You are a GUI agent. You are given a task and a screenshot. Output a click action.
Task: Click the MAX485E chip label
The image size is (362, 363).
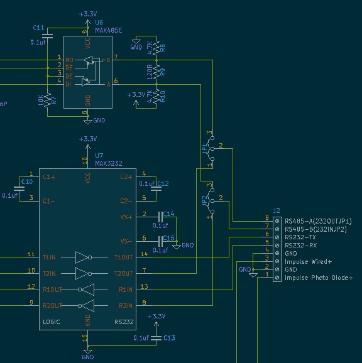pos(109,30)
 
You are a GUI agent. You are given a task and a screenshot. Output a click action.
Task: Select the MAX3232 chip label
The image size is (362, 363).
pos(109,163)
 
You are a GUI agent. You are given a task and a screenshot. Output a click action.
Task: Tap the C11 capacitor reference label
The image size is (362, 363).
pos(38,28)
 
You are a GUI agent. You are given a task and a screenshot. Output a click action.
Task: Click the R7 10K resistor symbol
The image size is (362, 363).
pos(48,100)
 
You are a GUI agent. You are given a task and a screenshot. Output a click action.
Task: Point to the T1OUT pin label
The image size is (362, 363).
pos(123,257)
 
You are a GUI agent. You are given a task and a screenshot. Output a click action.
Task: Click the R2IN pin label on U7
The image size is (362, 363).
pos(126,306)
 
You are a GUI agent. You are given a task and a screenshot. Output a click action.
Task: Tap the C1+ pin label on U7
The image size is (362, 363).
pos(49,178)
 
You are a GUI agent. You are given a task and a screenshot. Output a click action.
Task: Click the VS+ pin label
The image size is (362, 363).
pos(126,217)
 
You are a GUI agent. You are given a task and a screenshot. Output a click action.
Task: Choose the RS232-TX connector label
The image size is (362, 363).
pos(300,237)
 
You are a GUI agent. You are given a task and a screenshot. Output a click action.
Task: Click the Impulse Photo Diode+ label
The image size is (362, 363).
pos(319,278)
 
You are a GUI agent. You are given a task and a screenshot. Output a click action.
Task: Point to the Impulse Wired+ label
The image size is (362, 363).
pos(308,262)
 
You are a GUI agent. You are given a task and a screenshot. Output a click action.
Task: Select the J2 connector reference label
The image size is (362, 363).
pos(277,210)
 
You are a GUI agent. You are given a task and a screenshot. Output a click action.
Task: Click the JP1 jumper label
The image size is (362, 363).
pos(204,148)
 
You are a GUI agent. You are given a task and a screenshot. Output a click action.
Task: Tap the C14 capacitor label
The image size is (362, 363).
pos(168,214)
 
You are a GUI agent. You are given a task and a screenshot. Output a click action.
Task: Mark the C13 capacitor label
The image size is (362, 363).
pos(169,338)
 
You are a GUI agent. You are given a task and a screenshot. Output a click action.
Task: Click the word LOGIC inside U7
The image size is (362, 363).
pos(51,322)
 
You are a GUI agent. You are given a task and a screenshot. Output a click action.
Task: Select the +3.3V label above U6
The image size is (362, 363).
pos(88,14)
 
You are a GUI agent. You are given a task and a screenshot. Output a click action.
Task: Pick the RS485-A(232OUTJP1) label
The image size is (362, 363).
pos(318,221)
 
